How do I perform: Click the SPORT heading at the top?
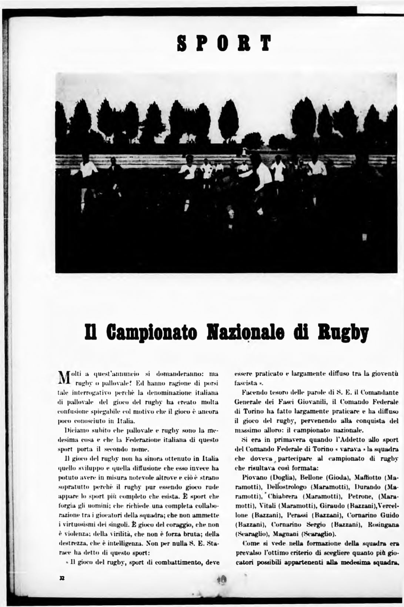(x=225, y=43)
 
